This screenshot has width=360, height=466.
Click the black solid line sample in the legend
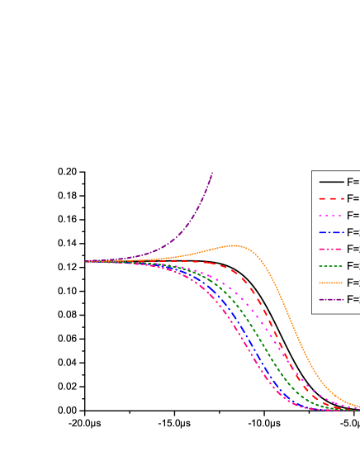[x=331, y=182]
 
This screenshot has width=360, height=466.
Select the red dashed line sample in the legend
[x=331, y=198]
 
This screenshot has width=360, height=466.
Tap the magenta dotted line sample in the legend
[x=331, y=216]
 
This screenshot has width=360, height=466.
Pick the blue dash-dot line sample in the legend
[x=331, y=232]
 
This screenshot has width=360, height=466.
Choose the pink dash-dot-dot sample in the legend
[x=331, y=249]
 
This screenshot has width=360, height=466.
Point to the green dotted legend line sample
[x=331, y=266]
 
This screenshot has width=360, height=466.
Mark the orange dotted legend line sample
[x=331, y=283]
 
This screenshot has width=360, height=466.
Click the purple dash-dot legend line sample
[x=331, y=299]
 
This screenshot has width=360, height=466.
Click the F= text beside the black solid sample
[x=353, y=182]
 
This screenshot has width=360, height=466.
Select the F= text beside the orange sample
[x=353, y=283]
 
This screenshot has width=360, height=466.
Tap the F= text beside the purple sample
[x=353, y=299]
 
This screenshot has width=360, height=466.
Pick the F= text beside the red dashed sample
[x=353, y=198]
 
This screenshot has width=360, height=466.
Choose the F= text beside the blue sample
[x=353, y=232]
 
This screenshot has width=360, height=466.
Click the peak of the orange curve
[x=234, y=245]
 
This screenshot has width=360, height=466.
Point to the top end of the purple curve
[x=212, y=173]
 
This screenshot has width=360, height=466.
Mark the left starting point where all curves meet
[x=86, y=261]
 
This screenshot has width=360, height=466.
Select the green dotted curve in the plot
[x=263, y=343]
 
